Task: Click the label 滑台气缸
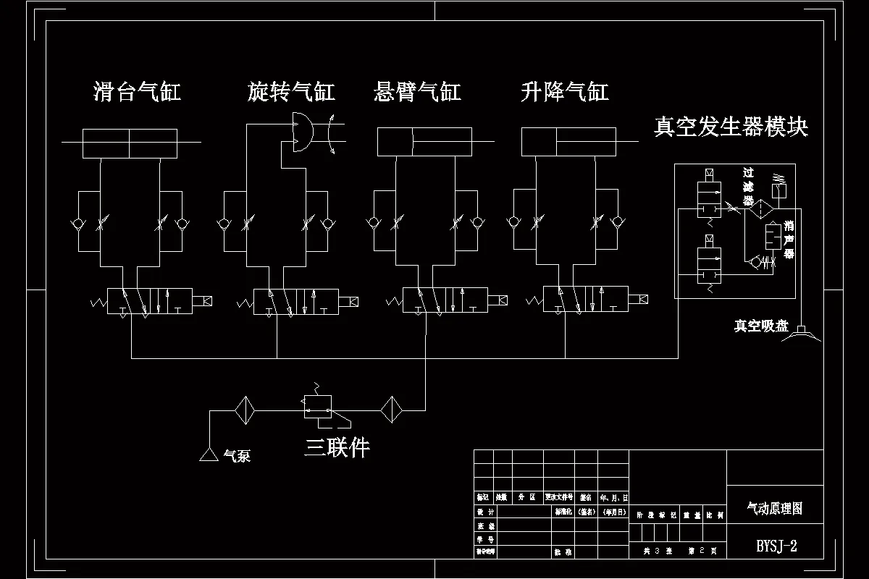pyautogui.click(x=137, y=92)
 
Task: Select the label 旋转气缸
pyautogui.click(x=291, y=92)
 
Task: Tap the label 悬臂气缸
pyautogui.click(x=417, y=92)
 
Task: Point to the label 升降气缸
pyautogui.click(x=564, y=92)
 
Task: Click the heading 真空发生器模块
pyautogui.click(x=731, y=127)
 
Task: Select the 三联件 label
pyautogui.click(x=337, y=448)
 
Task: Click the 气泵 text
pyautogui.click(x=237, y=456)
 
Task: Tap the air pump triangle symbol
pyautogui.click(x=209, y=455)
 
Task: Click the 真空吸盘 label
pyautogui.click(x=760, y=326)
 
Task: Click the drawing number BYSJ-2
pyautogui.click(x=776, y=546)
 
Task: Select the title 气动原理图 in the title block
pyautogui.click(x=774, y=509)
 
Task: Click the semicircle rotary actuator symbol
pyautogui.click(x=302, y=132)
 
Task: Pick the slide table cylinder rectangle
pyautogui.click(x=130, y=143)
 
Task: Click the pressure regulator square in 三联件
pyautogui.click(x=317, y=406)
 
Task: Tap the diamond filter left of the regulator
pyautogui.click(x=245, y=410)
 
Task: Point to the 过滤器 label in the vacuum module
pyautogui.click(x=748, y=187)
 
